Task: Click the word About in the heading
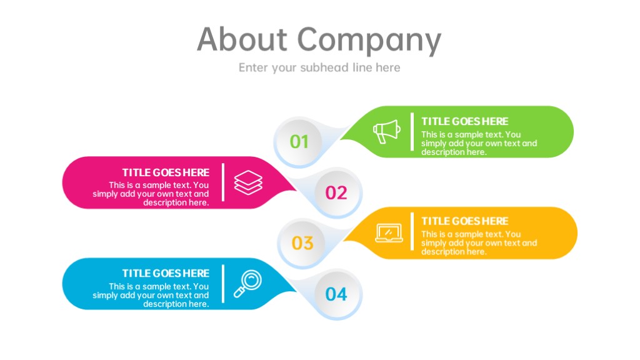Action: (x=242, y=39)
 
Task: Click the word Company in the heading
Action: (x=369, y=41)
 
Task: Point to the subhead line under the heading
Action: (x=319, y=67)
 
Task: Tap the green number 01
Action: (x=299, y=142)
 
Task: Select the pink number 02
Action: (x=336, y=192)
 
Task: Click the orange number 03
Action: (x=302, y=243)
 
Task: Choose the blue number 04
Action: (x=336, y=294)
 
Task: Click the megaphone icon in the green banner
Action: (x=386, y=131)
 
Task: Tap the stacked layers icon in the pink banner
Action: (x=248, y=182)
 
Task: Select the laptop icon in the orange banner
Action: (x=389, y=233)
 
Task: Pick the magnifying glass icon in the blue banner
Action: (x=247, y=284)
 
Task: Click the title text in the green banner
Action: (x=465, y=121)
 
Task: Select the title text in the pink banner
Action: (x=166, y=172)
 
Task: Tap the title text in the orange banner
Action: (x=465, y=221)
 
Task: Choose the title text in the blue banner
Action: (x=166, y=273)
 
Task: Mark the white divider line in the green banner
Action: (x=412, y=132)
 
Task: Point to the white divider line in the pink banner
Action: (x=223, y=182)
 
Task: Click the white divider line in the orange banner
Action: (x=412, y=231)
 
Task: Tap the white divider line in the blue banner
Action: (x=223, y=284)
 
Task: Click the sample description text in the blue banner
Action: (x=151, y=295)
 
